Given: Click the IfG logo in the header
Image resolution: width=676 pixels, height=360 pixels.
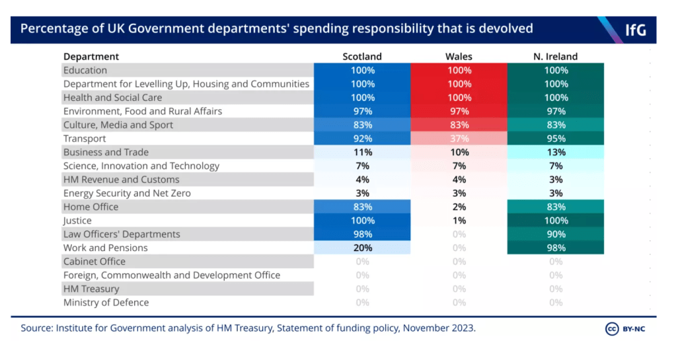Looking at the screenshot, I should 635,30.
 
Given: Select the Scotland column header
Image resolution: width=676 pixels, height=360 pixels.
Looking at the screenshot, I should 362,57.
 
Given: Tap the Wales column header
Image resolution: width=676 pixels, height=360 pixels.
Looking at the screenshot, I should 459,57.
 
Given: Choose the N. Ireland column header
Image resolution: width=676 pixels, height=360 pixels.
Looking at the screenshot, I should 556,57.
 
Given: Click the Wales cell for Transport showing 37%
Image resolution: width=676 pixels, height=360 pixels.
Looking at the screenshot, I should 459,139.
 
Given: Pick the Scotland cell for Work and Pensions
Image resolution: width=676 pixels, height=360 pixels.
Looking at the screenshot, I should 362,248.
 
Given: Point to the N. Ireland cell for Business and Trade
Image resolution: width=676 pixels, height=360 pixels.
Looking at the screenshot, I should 556,153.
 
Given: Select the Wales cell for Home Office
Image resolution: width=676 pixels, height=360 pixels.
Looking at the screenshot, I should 459,207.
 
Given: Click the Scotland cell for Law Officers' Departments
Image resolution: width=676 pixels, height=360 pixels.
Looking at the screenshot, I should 362,234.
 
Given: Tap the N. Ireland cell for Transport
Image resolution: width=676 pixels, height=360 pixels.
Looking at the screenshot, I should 556,139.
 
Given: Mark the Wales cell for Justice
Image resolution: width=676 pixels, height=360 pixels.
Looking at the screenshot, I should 459,221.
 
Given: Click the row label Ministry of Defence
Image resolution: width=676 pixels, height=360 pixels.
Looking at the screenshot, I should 106,303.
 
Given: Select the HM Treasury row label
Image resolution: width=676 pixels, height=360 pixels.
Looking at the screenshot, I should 91,289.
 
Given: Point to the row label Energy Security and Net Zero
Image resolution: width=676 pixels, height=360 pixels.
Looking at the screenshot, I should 127,194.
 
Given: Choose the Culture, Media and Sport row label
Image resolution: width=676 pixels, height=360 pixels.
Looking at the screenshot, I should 118,125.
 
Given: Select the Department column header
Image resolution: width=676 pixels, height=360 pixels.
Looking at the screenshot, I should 91,57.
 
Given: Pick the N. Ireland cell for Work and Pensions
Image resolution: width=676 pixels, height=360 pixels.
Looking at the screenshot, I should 556,248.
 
